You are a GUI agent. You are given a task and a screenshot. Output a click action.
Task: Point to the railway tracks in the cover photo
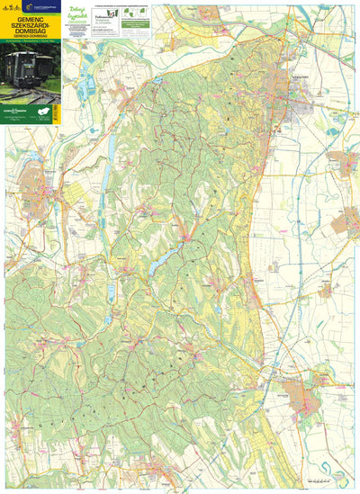tap(27, 93)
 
